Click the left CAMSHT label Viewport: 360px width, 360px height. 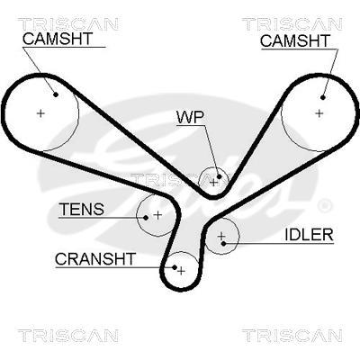(x=58, y=39)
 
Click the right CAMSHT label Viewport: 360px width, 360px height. (x=295, y=41)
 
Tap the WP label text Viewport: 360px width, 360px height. (x=190, y=117)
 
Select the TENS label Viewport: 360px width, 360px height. (x=82, y=209)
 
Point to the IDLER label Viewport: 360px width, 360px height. (x=309, y=235)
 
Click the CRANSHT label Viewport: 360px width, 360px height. (x=95, y=259)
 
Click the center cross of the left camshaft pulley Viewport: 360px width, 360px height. (x=40, y=113)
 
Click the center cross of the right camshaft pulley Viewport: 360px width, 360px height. (x=319, y=113)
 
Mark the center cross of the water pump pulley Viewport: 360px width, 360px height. (x=213, y=182)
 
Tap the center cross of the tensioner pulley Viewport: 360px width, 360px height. (x=157, y=215)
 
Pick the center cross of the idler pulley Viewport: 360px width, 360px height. (x=221, y=236)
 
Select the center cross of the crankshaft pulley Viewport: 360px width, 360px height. (x=181, y=271)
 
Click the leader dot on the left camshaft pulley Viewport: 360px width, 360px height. (x=56, y=94)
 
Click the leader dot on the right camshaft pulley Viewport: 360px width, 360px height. (x=323, y=97)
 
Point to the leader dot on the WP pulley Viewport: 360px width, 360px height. (x=219, y=176)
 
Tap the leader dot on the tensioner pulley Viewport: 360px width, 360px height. (x=146, y=218)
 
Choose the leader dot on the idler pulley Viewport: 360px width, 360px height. (x=223, y=243)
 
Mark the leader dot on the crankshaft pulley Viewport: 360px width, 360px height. (x=175, y=266)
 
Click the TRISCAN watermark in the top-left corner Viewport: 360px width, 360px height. (x=68, y=24)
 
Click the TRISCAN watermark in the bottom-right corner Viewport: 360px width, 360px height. (x=292, y=336)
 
